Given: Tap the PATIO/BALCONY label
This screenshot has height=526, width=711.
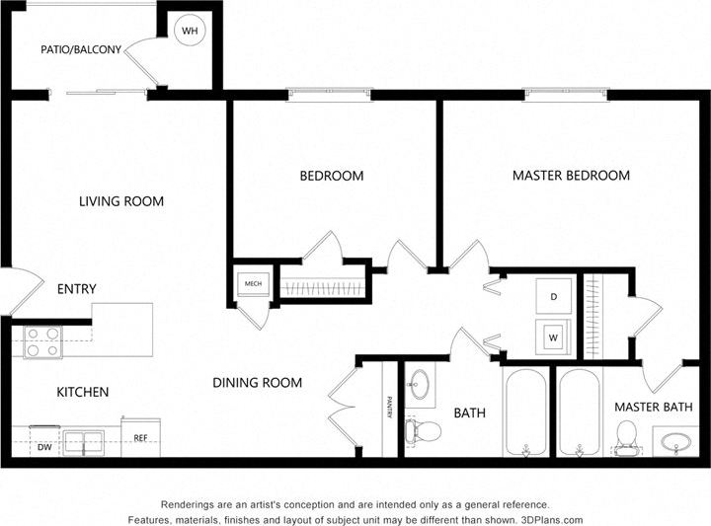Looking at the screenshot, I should click(81, 49).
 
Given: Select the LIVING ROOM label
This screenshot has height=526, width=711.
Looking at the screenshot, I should click(121, 201).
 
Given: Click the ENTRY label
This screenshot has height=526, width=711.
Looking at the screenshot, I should click(77, 289).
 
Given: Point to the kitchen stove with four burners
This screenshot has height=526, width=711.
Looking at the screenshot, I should click(43, 341).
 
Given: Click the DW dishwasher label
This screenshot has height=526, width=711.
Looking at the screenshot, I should click(44, 447).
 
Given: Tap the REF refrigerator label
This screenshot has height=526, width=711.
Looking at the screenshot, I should click(140, 437).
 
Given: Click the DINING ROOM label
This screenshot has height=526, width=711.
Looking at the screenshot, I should click(258, 383).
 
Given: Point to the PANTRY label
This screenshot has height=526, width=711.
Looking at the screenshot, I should click(389, 408).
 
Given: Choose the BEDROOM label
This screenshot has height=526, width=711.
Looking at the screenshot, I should click(332, 177).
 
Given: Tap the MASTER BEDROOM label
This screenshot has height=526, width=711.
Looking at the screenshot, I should click(571, 176).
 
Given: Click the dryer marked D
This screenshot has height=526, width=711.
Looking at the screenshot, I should click(553, 296).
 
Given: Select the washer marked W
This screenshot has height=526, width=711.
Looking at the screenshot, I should click(553, 337).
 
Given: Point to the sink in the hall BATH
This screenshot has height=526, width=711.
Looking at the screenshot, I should click(422, 384).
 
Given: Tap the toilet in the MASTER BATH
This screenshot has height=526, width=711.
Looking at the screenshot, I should click(626, 435).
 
